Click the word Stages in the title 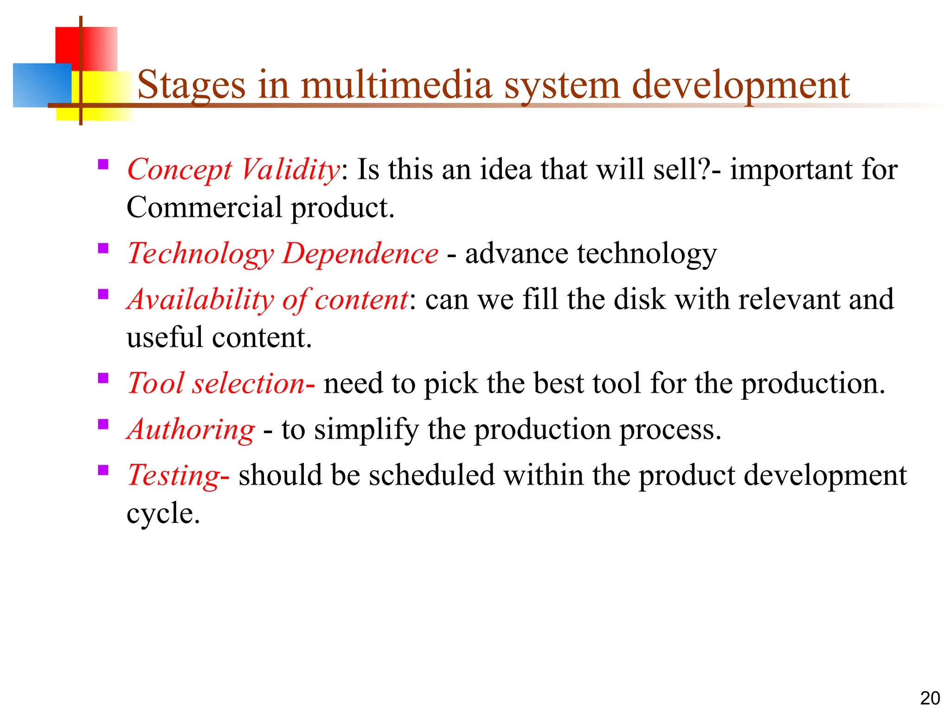click(x=191, y=85)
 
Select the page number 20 click(x=930, y=698)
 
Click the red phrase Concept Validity click(x=234, y=170)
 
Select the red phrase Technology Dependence click(x=282, y=254)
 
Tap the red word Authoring click(x=191, y=429)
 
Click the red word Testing click(x=173, y=476)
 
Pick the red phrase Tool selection click(x=216, y=384)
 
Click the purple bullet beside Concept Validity click(x=103, y=164)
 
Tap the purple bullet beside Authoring click(x=103, y=424)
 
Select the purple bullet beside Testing click(x=103, y=470)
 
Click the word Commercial click(x=204, y=207)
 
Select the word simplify click(x=366, y=429)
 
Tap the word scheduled click(x=431, y=476)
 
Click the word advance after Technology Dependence click(x=516, y=254)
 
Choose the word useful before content click(x=165, y=337)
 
